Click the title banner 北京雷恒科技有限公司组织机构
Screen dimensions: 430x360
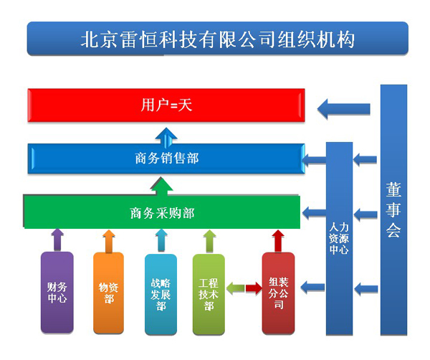click(217, 39)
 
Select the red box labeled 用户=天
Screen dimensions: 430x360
click(166, 105)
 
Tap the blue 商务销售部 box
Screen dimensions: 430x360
click(166, 158)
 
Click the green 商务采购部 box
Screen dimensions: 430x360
click(162, 212)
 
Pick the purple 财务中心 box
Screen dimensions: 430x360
click(57, 293)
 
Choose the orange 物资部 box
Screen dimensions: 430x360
click(109, 293)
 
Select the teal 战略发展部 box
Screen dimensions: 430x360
click(161, 295)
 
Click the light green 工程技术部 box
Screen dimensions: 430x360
click(209, 295)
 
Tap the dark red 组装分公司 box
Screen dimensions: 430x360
click(278, 293)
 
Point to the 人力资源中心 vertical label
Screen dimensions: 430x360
click(339, 238)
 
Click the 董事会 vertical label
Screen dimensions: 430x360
click(393, 209)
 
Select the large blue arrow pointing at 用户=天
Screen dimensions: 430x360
click(343, 109)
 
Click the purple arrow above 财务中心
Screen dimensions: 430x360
click(57, 240)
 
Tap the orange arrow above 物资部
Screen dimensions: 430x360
click(109, 241)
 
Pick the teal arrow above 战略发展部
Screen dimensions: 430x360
click(161, 240)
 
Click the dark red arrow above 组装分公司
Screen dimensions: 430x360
click(278, 241)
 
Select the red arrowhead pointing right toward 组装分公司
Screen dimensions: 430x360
click(254, 288)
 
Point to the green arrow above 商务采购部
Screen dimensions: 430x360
click(162, 186)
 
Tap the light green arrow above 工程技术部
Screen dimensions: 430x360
click(209, 241)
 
